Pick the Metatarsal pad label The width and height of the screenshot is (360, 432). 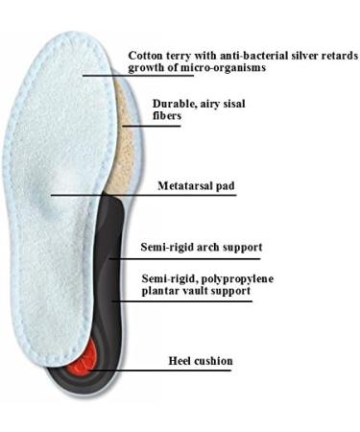click(196, 185)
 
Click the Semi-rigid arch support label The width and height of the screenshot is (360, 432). click(201, 247)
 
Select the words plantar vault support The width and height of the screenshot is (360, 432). click(195, 290)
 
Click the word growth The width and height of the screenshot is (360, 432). click(148, 68)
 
